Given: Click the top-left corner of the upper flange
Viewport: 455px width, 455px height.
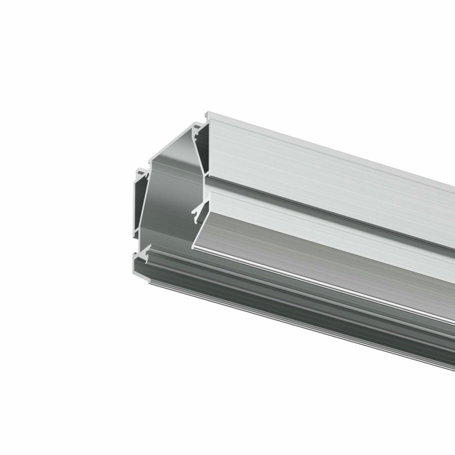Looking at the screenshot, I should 207,112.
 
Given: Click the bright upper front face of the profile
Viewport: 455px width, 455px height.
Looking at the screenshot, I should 325,162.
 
